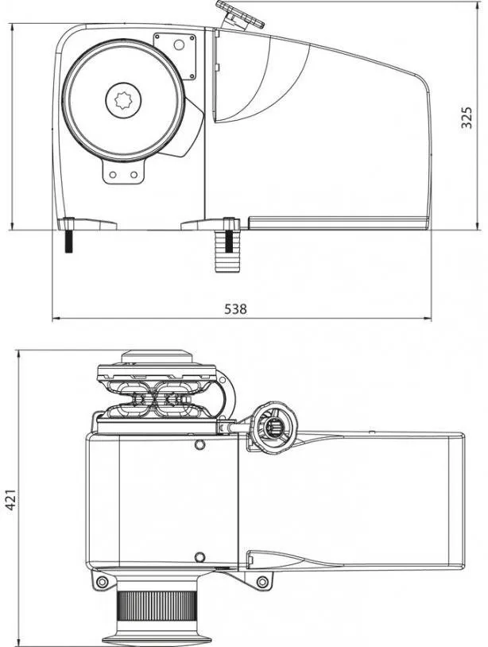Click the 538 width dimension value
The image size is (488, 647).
tap(235, 308)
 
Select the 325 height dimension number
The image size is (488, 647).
tap(467, 118)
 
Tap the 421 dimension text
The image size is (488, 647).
tap(11, 500)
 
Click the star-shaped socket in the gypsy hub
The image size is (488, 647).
tap(123, 100)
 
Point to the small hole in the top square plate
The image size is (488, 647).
tap(179, 45)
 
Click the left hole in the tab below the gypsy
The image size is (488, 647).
tap(113, 175)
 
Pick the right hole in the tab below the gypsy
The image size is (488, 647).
tap(134, 175)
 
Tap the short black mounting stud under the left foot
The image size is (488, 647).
tap(69, 241)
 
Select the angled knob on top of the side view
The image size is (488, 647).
tap(240, 15)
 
